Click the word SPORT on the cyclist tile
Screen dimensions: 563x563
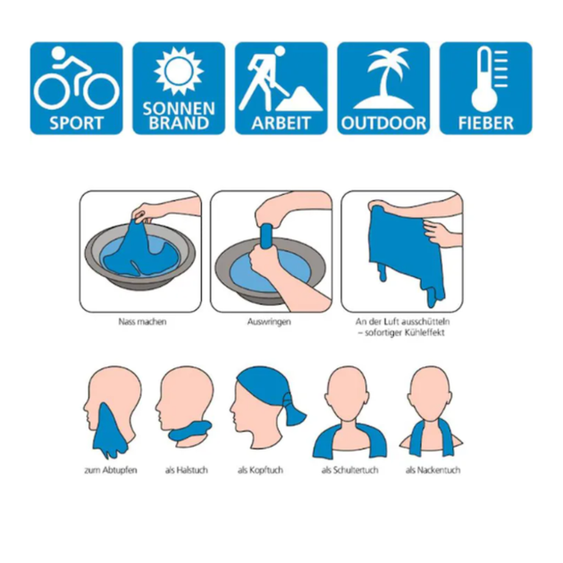coord(76,123)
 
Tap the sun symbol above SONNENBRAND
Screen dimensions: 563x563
coord(179,71)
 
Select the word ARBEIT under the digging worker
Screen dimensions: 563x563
coord(281,123)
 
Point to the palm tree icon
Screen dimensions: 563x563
coord(384,78)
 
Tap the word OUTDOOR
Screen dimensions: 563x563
coord(383,123)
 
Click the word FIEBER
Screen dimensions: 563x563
coord(486,123)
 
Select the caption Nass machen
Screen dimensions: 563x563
coord(143,322)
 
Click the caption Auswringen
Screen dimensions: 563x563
coord(269,322)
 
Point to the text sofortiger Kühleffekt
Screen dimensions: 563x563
coord(405,332)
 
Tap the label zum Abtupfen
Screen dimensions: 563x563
coord(111,470)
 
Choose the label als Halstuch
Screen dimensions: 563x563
coord(187,470)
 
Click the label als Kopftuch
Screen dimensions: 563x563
coord(260,470)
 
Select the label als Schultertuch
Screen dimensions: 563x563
coord(349,470)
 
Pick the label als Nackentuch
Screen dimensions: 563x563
coord(433,470)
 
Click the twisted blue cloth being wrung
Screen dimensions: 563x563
coord(266,236)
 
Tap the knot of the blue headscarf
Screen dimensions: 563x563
coord(287,399)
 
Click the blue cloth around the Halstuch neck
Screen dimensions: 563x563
coord(190,431)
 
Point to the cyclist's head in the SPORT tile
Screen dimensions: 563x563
coord(58,53)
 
